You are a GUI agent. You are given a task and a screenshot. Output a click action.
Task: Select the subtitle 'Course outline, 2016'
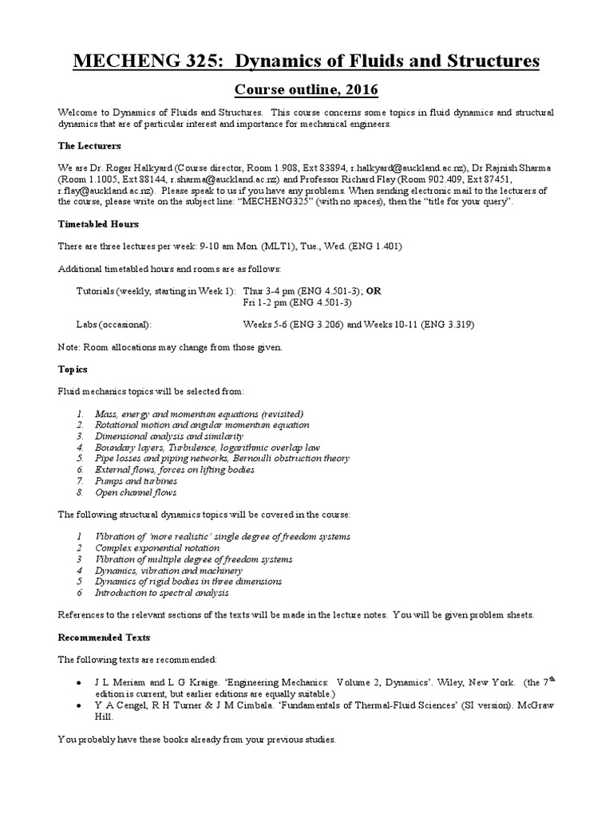tap(306, 89)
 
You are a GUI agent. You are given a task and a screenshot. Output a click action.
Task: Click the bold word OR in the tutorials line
tap(374, 290)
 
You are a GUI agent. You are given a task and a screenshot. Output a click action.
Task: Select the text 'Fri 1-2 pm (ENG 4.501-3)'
tap(297, 302)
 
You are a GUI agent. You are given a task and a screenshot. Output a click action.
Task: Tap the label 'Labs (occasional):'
tap(113, 325)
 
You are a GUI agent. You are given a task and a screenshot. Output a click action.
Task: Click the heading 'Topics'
tap(73, 369)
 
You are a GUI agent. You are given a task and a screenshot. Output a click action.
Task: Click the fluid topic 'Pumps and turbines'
tap(136, 481)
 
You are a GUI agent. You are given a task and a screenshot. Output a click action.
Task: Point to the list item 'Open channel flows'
tap(135, 492)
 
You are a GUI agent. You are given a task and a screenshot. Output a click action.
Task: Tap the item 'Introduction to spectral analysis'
tap(162, 593)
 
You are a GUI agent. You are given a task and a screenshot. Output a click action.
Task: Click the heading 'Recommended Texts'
tap(104, 637)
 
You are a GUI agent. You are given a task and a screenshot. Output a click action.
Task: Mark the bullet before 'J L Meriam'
tap(77, 684)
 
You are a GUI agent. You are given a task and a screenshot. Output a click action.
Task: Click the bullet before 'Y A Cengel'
tap(77, 705)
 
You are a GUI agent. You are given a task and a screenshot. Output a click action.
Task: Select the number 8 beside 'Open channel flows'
tap(80, 492)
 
